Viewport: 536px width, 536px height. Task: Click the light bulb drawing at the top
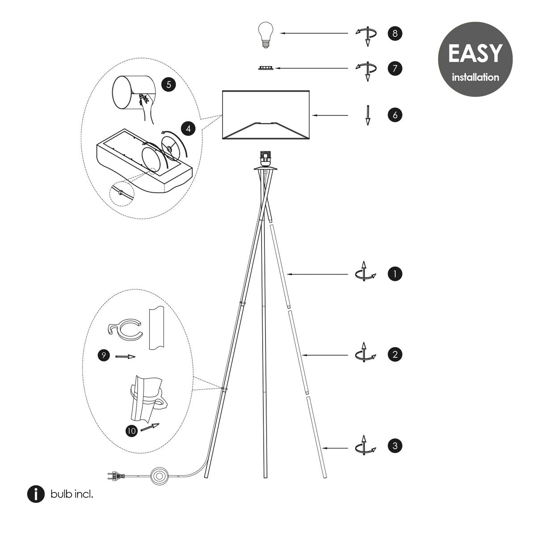tap(266, 35)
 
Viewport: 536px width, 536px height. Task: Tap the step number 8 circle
tap(395, 33)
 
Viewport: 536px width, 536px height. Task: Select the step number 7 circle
tap(395, 68)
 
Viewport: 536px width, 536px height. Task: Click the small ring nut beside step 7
tap(266, 68)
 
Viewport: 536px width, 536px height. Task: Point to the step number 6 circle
tap(395, 115)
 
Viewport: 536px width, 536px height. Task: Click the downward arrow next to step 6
tap(368, 115)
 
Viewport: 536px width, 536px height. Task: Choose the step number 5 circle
tap(168, 84)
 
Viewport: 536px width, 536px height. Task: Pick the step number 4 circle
tap(188, 129)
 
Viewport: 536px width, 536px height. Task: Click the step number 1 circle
tap(395, 274)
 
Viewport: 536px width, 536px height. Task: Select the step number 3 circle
tap(395, 446)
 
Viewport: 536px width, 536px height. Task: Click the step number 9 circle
tap(104, 355)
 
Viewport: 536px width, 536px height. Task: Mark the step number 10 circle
tap(131, 431)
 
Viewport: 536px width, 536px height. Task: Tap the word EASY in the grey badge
tap(475, 54)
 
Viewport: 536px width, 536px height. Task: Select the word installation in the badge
tap(475, 77)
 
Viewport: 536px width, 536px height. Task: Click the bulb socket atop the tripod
tap(265, 159)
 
